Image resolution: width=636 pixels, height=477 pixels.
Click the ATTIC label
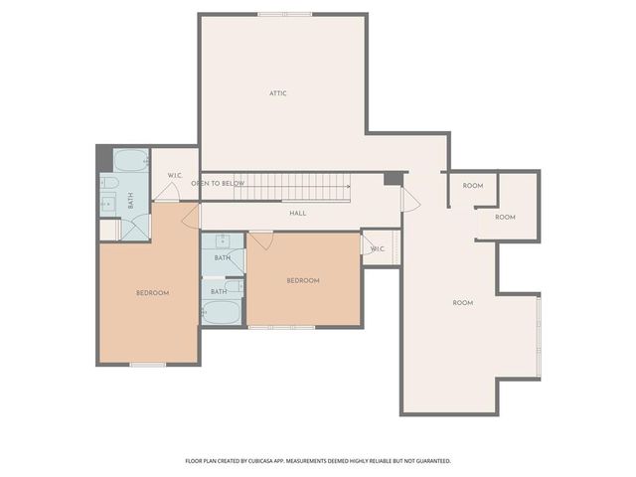tap(278, 93)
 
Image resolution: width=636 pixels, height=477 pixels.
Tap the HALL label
tap(298, 213)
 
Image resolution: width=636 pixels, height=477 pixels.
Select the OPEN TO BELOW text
tap(218, 184)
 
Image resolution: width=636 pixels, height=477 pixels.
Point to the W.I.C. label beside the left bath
tap(175, 176)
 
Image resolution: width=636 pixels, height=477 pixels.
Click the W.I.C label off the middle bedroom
tap(378, 248)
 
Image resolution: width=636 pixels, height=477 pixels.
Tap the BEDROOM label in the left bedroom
tap(152, 292)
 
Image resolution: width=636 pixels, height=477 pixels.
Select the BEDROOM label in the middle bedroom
tap(303, 280)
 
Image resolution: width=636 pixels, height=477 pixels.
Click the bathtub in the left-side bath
tap(130, 160)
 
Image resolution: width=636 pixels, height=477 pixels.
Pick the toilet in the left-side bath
tap(109, 184)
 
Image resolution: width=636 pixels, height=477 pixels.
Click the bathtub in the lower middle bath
tap(222, 312)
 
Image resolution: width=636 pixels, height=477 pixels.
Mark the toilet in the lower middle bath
tap(234, 286)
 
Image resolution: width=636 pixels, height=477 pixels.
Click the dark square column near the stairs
tap(394, 178)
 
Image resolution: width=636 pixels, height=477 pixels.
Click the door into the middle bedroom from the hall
tap(261, 239)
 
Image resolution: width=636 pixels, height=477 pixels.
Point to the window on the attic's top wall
tap(284, 14)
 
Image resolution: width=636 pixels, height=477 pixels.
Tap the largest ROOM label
tap(463, 302)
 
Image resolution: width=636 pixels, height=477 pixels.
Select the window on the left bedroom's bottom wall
tap(148, 365)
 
